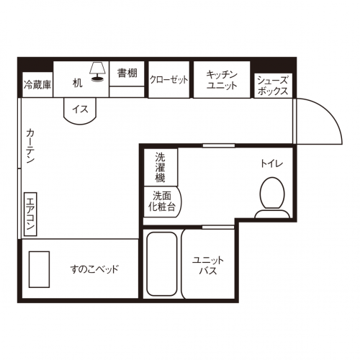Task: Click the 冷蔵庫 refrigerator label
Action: pyautogui.click(x=37, y=84)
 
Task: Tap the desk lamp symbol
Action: pyautogui.click(x=97, y=71)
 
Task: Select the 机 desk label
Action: pyautogui.click(x=77, y=84)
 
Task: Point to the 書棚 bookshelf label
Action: pyautogui.click(x=127, y=73)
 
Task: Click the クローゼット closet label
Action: pyautogui.click(x=169, y=80)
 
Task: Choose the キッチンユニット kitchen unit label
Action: pyautogui.click(x=222, y=80)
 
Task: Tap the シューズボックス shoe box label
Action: pyautogui.click(x=273, y=86)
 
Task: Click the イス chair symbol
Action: pyautogui.click(x=80, y=111)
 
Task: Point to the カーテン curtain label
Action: pyautogui.click(x=31, y=146)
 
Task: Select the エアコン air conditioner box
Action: pyautogui.click(x=30, y=214)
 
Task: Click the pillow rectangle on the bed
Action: pyautogui.click(x=39, y=269)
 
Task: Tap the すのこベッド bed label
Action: pyautogui.click(x=94, y=269)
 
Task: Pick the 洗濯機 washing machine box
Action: pyautogui.click(x=161, y=167)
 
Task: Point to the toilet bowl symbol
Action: pyautogui.click(x=272, y=193)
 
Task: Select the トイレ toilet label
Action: pyautogui.click(x=272, y=163)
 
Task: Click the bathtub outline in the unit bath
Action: pyautogui.click(x=162, y=264)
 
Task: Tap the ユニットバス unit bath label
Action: pyautogui.click(x=208, y=266)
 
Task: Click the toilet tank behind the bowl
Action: pyautogui.click(x=272, y=214)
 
